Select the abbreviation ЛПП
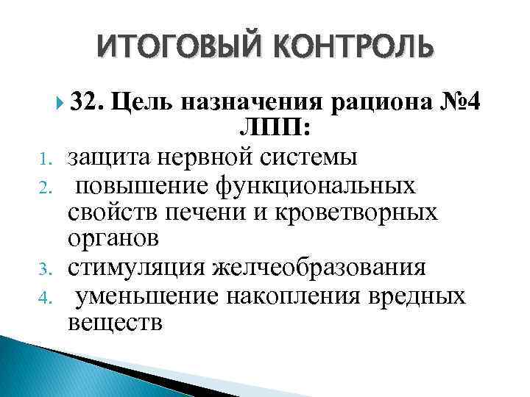point(273,129)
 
